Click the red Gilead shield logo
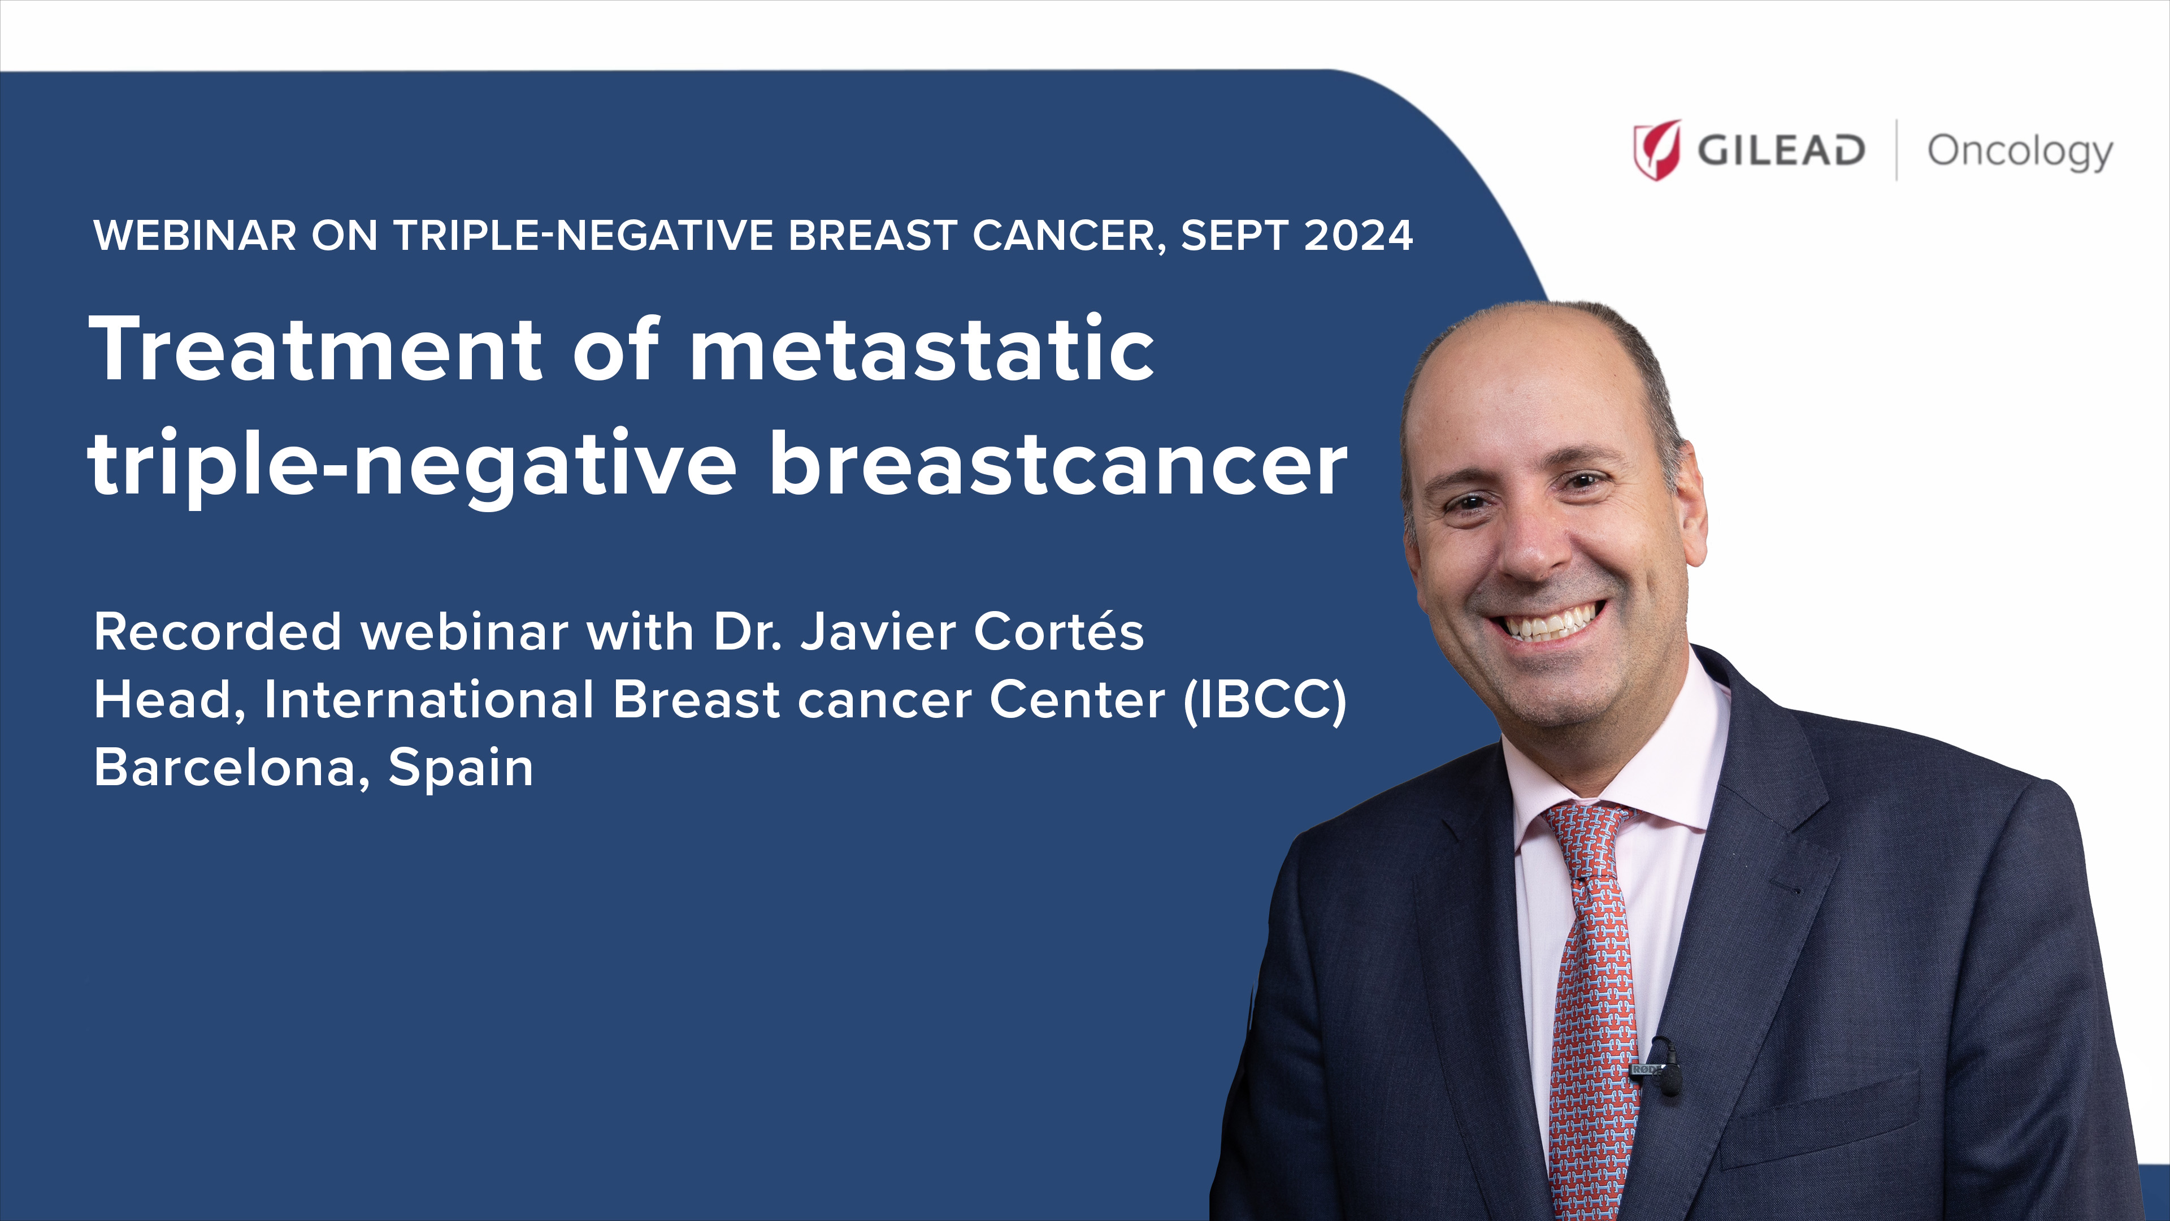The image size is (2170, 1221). coord(1656,150)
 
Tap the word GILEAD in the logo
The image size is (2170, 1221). coord(1781,151)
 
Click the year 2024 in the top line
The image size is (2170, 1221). coord(1358,235)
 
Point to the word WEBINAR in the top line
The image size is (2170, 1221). coord(194,235)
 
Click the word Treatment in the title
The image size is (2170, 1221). coord(316,349)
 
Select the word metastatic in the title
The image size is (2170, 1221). coord(922,349)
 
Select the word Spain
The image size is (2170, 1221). coord(461,769)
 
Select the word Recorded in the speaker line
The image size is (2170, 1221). coord(218,631)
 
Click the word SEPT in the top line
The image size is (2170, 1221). coord(1234,235)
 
